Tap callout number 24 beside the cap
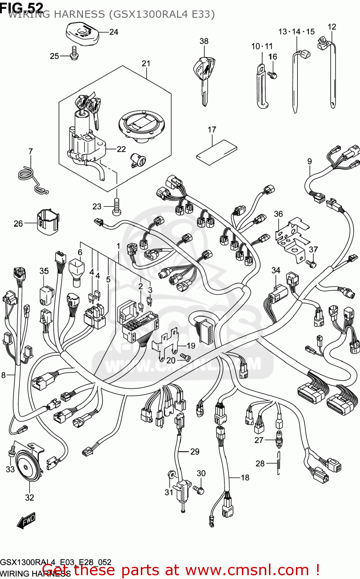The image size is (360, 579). point(113,32)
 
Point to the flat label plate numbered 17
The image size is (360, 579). point(216,152)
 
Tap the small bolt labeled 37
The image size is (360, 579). point(311,263)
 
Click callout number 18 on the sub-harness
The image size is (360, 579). point(245,477)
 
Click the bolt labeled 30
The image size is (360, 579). point(199,490)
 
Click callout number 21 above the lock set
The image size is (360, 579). point(146,63)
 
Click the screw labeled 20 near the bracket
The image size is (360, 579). point(186,358)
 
